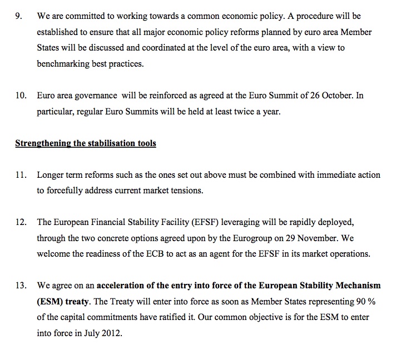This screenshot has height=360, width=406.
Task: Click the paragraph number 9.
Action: click(19, 17)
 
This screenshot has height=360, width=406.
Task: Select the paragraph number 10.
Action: click(21, 96)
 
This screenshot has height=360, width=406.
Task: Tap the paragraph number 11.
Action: click(21, 174)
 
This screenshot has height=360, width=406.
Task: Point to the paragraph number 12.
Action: click(21, 222)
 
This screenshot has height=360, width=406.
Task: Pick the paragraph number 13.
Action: click(21, 286)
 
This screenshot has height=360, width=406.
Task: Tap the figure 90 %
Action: click(365, 302)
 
